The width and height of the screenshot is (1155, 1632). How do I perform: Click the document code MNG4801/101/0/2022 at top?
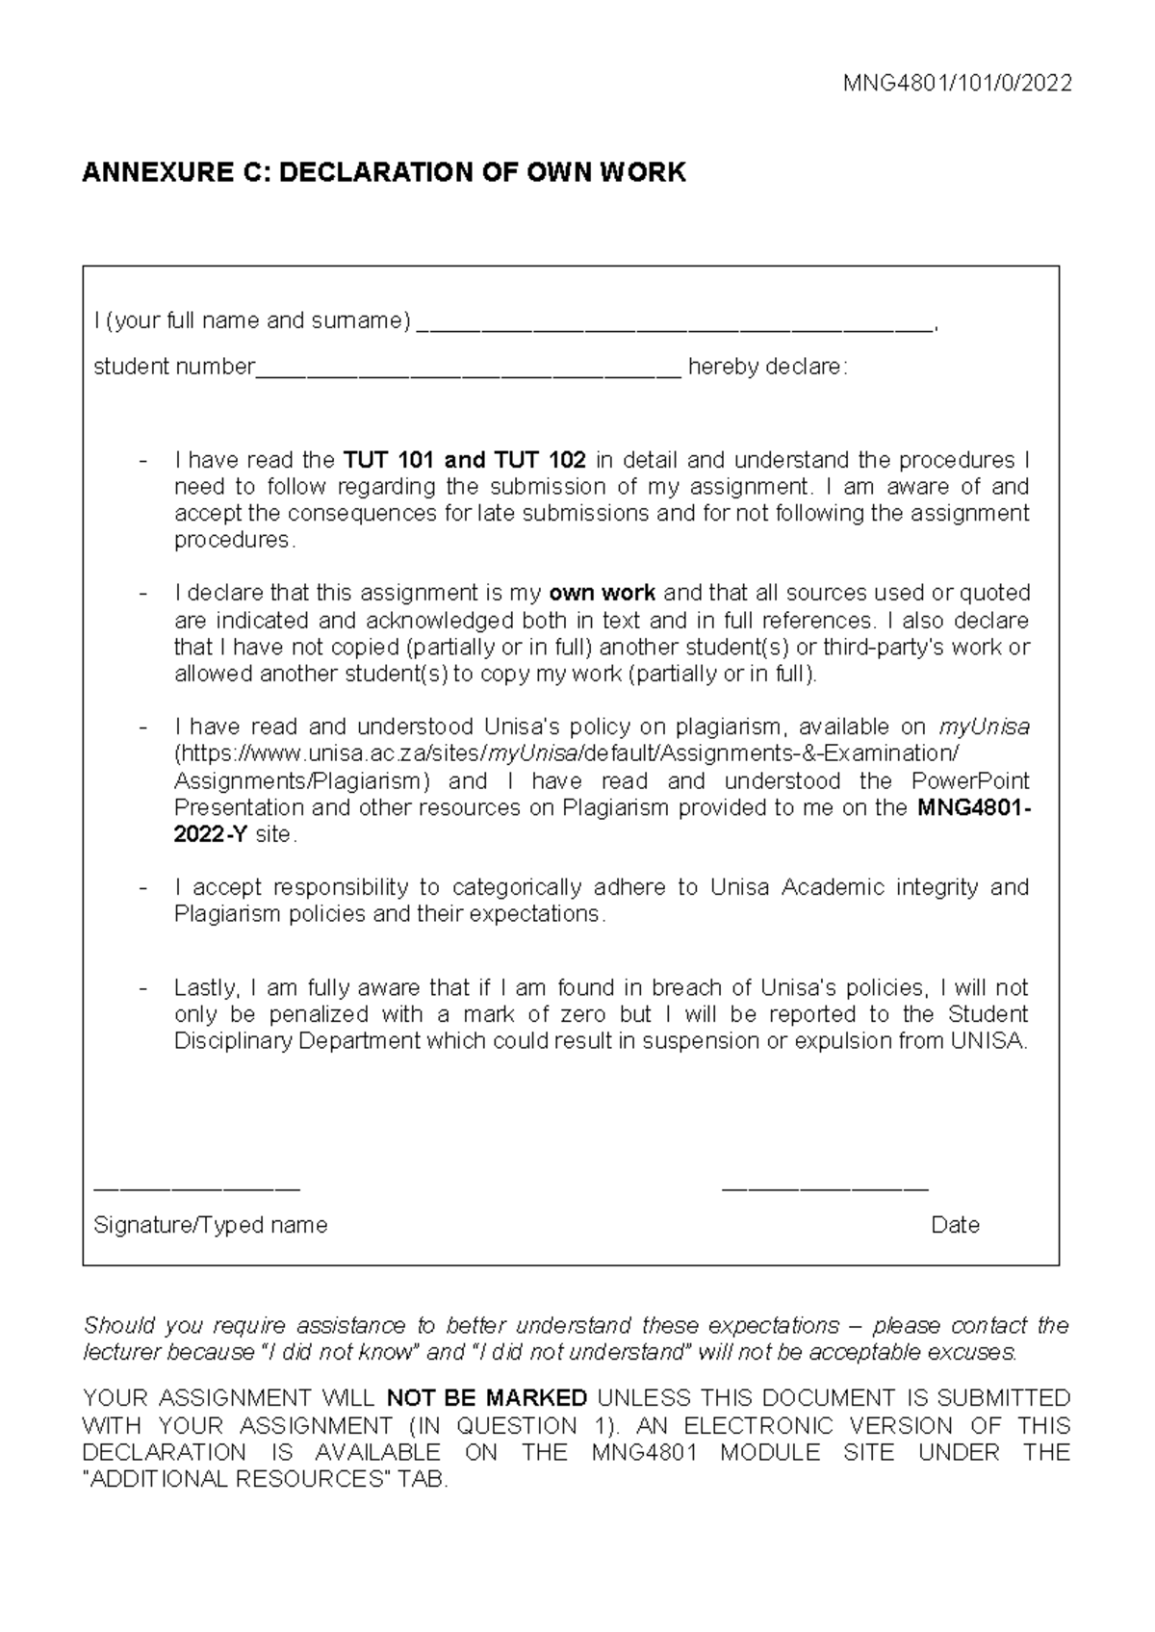click(x=957, y=84)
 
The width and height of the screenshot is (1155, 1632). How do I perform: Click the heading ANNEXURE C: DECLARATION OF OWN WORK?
click(x=384, y=173)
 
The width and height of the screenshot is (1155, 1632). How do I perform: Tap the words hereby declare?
click(x=767, y=368)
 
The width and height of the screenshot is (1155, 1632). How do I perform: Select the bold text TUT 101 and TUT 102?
click(x=465, y=460)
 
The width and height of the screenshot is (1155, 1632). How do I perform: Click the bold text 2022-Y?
click(x=211, y=835)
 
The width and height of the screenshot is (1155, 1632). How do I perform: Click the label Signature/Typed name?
click(x=210, y=1226)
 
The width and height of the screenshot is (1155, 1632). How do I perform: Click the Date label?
click(x=955, y=1226)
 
